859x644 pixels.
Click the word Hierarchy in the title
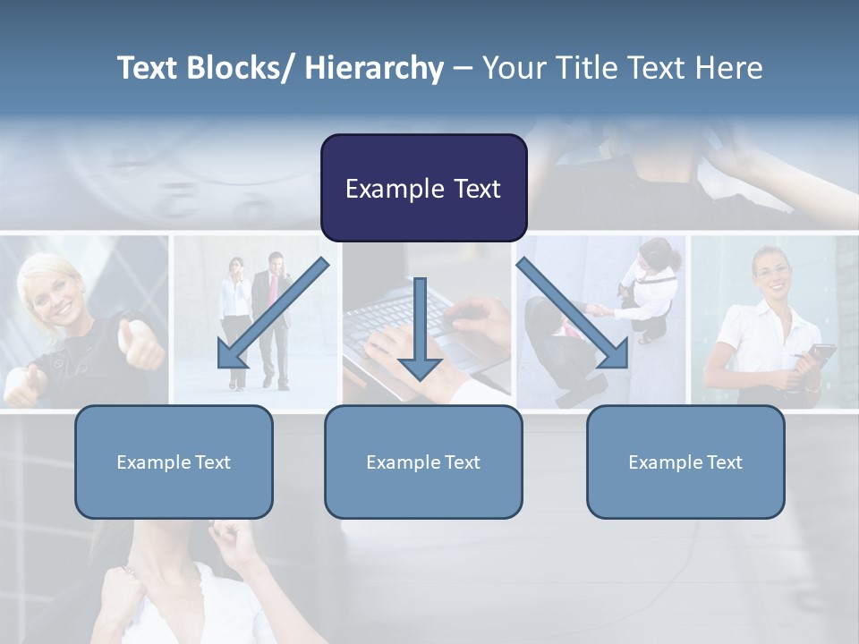[x=374, y=68]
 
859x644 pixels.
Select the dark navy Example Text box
[x=423, y=188]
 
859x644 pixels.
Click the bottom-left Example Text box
[x=174, y=462]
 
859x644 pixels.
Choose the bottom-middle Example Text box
[x=423, y=462]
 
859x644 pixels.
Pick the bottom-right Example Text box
[x=685, y=462]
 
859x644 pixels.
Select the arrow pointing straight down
[x=420, y=331]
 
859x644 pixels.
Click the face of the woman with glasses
[x=771, y=273]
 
